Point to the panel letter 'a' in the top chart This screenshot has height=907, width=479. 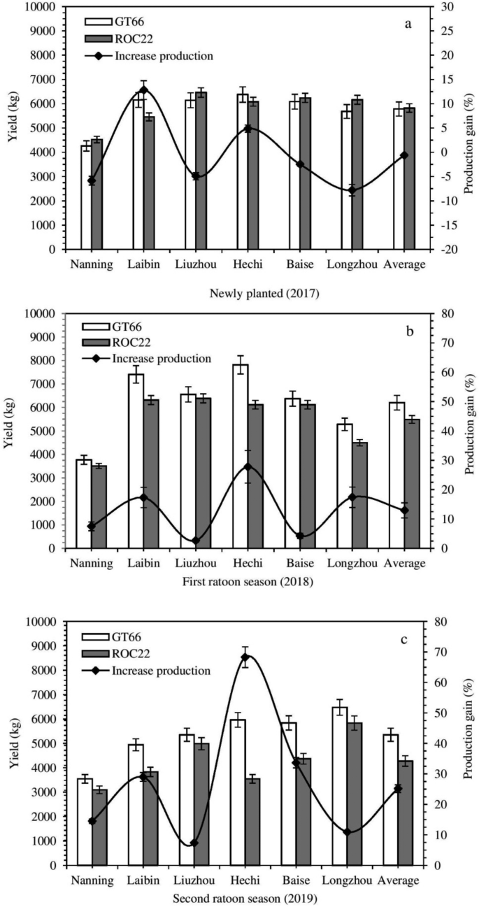tap(408, 24)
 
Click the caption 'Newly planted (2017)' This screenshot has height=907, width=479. tap(264, 294)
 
